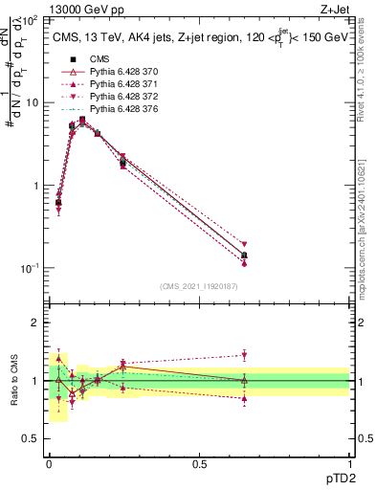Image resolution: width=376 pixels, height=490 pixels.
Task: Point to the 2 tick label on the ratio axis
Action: click(33, 323)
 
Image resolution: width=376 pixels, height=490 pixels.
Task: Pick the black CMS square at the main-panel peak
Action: click(82, 120)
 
